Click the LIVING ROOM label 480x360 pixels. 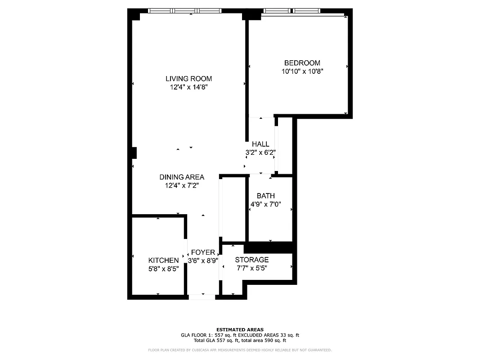click(188, 79)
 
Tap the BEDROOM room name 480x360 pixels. click(302, 63)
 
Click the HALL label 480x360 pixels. click(260, 144)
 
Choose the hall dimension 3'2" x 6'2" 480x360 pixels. click(260, 153)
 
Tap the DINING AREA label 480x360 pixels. click(182, 177)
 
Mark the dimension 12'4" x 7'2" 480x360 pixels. click(182, 185)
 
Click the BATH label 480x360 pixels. click(265, 196)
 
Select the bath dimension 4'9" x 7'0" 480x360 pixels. click(265, 204)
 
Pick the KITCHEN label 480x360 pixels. click(163, 260)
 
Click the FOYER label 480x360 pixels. click(203, 252)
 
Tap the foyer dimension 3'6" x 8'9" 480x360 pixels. click(203, 261)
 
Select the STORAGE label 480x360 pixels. click(252, 260)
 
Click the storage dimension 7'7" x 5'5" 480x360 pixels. click(252, 268)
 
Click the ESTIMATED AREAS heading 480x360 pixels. click(240, 329)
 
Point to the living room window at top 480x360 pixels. click(185, 11)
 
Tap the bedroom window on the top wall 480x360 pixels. click(291, 11)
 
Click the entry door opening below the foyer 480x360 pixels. click(202, 297)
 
